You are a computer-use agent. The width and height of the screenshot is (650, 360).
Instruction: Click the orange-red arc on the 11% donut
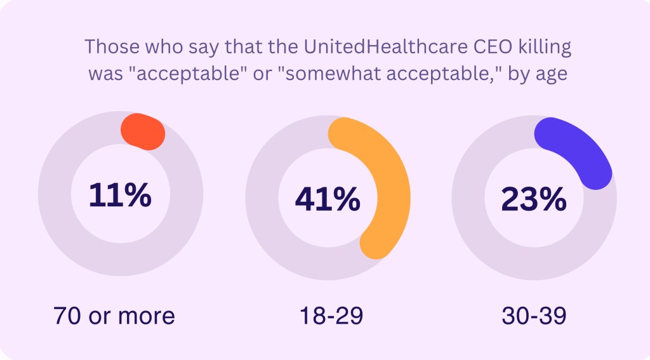point(143,131)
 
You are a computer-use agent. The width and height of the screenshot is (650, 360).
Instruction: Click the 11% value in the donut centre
point(120,196)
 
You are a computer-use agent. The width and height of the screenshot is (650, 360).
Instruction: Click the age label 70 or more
point(114,315)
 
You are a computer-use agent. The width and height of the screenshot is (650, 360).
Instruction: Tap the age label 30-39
point(533,315)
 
